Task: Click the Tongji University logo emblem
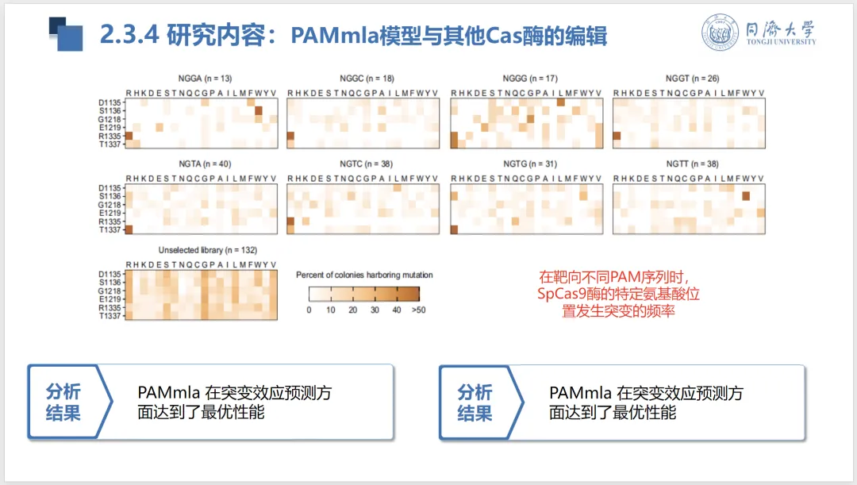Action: click(721, 33)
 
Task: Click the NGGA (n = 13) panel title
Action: click(206, 79)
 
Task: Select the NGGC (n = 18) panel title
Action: click(367, 79)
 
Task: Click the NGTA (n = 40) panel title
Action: click(205, 164)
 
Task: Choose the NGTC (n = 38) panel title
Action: click(367, 164)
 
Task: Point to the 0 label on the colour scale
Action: click(309, 310)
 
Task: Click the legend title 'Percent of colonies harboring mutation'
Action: click(364, 275)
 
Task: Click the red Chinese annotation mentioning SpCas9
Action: click(618, 294)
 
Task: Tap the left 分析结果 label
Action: click(63, 402)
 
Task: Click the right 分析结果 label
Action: click(475, 402)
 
